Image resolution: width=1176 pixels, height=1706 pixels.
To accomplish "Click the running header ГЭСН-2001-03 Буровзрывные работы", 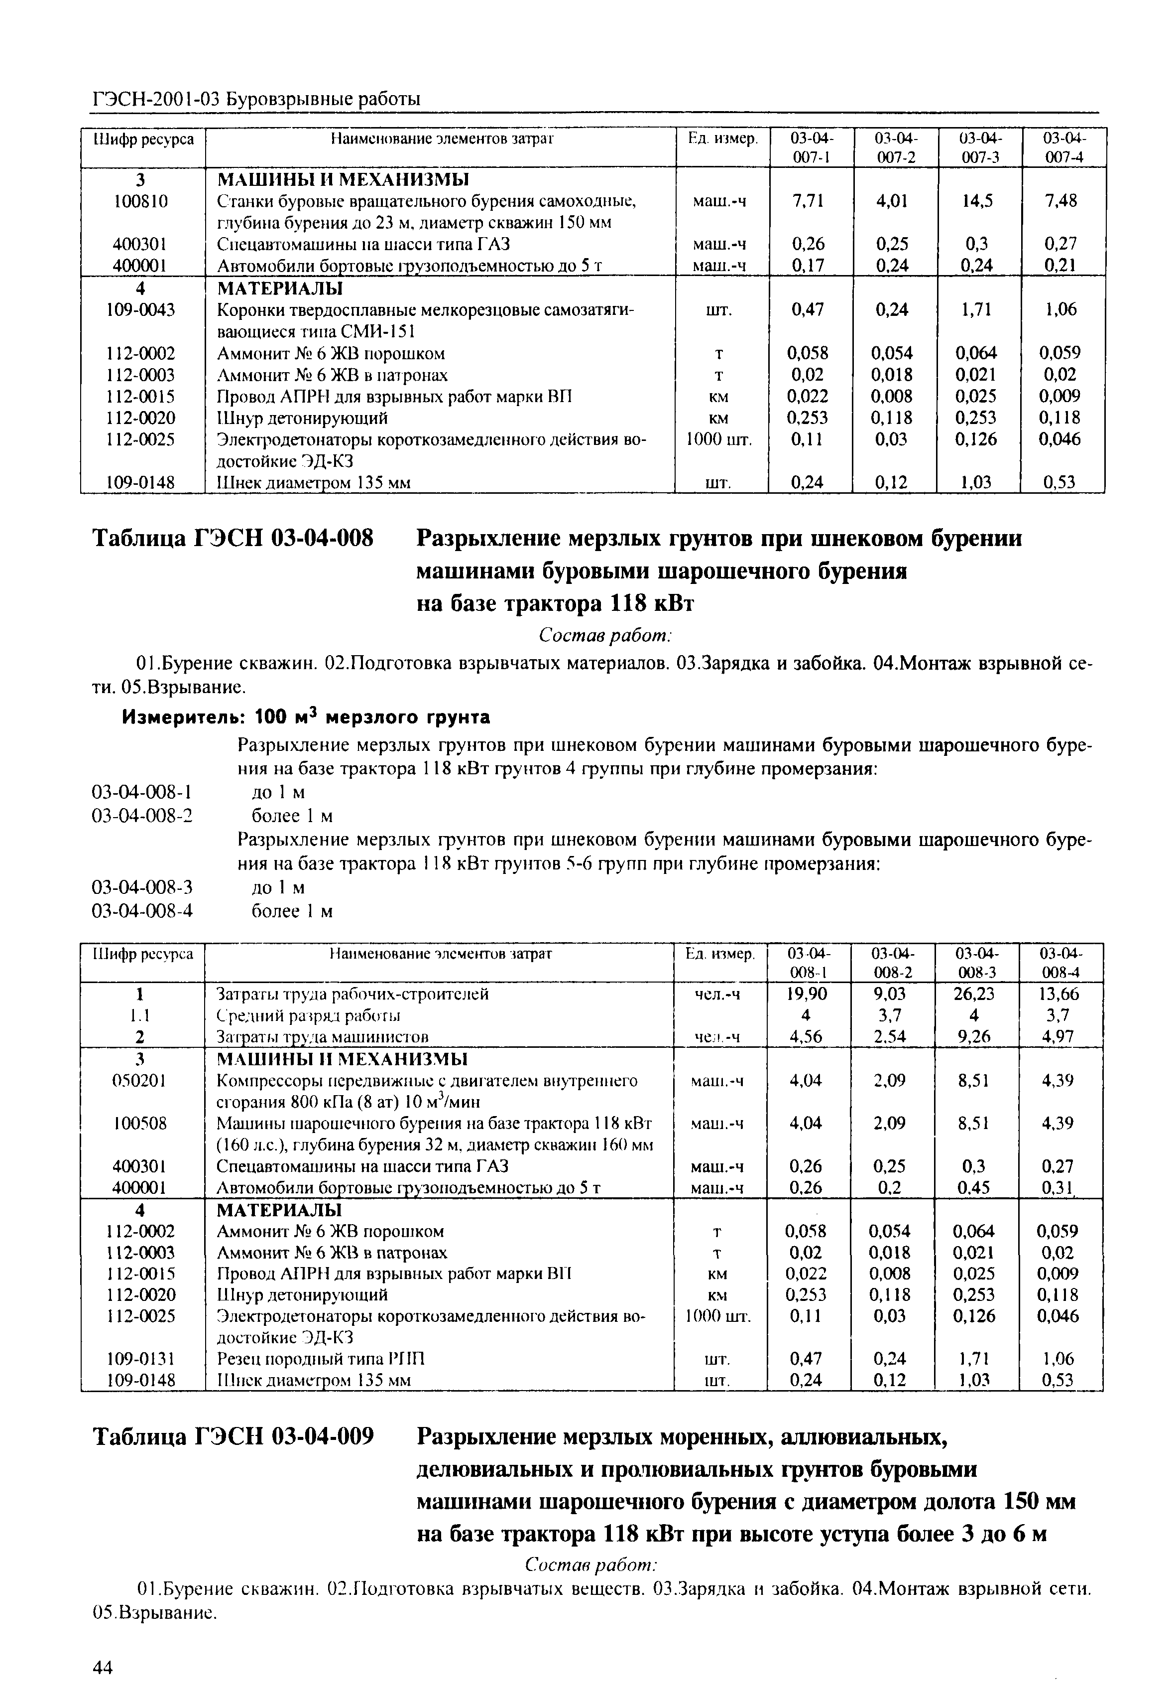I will click(256, 99).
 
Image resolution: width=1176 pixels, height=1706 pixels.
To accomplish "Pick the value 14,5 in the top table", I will click(977, 200).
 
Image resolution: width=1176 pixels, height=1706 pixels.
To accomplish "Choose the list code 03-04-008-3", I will click(142, 887).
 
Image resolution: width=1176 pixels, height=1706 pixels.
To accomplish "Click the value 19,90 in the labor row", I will click(808, 994).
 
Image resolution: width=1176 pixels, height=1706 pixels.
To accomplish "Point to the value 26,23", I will click(974, 994).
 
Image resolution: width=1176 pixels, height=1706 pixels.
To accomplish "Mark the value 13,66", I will click(1059, 994).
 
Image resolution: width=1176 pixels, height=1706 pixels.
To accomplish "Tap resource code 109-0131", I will click(141, 1358).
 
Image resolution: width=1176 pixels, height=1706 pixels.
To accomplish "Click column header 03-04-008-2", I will click(892, 963).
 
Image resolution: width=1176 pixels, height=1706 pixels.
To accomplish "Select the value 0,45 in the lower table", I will click(974, 1188).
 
